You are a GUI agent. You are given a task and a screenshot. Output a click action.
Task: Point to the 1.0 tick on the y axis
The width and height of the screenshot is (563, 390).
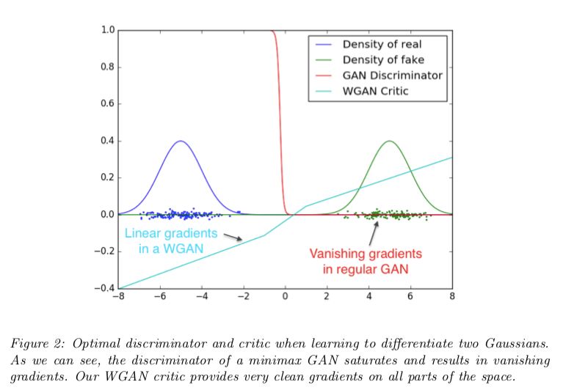107,30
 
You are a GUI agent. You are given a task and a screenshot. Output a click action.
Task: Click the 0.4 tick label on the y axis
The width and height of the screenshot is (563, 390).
107,141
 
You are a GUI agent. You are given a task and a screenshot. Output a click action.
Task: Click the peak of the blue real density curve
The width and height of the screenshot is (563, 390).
181,141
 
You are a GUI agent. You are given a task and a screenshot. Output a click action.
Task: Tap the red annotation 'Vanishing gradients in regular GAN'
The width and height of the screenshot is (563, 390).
365,260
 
